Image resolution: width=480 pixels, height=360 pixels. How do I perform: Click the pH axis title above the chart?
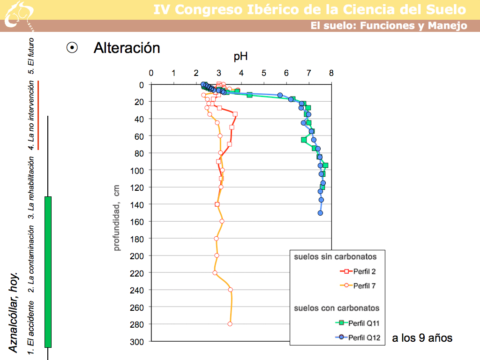click(240, 58)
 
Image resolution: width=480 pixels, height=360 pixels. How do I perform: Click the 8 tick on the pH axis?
click(331, 74)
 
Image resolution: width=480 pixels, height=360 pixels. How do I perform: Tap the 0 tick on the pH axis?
click(151, 74)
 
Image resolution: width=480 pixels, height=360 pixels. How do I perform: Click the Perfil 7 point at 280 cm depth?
click(230, 324)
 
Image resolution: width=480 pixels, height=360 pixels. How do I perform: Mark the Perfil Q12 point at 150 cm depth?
click(320, 213)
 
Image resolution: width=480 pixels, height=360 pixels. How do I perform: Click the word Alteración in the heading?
click(127, 48)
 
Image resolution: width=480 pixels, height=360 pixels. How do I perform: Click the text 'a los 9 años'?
click(422, 337)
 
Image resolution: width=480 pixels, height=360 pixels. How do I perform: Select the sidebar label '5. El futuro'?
click(31, 56)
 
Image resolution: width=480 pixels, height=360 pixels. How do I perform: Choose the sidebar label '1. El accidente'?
click(31, 327)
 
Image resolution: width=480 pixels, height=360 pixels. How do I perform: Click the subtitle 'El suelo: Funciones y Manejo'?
click(389, 26)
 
